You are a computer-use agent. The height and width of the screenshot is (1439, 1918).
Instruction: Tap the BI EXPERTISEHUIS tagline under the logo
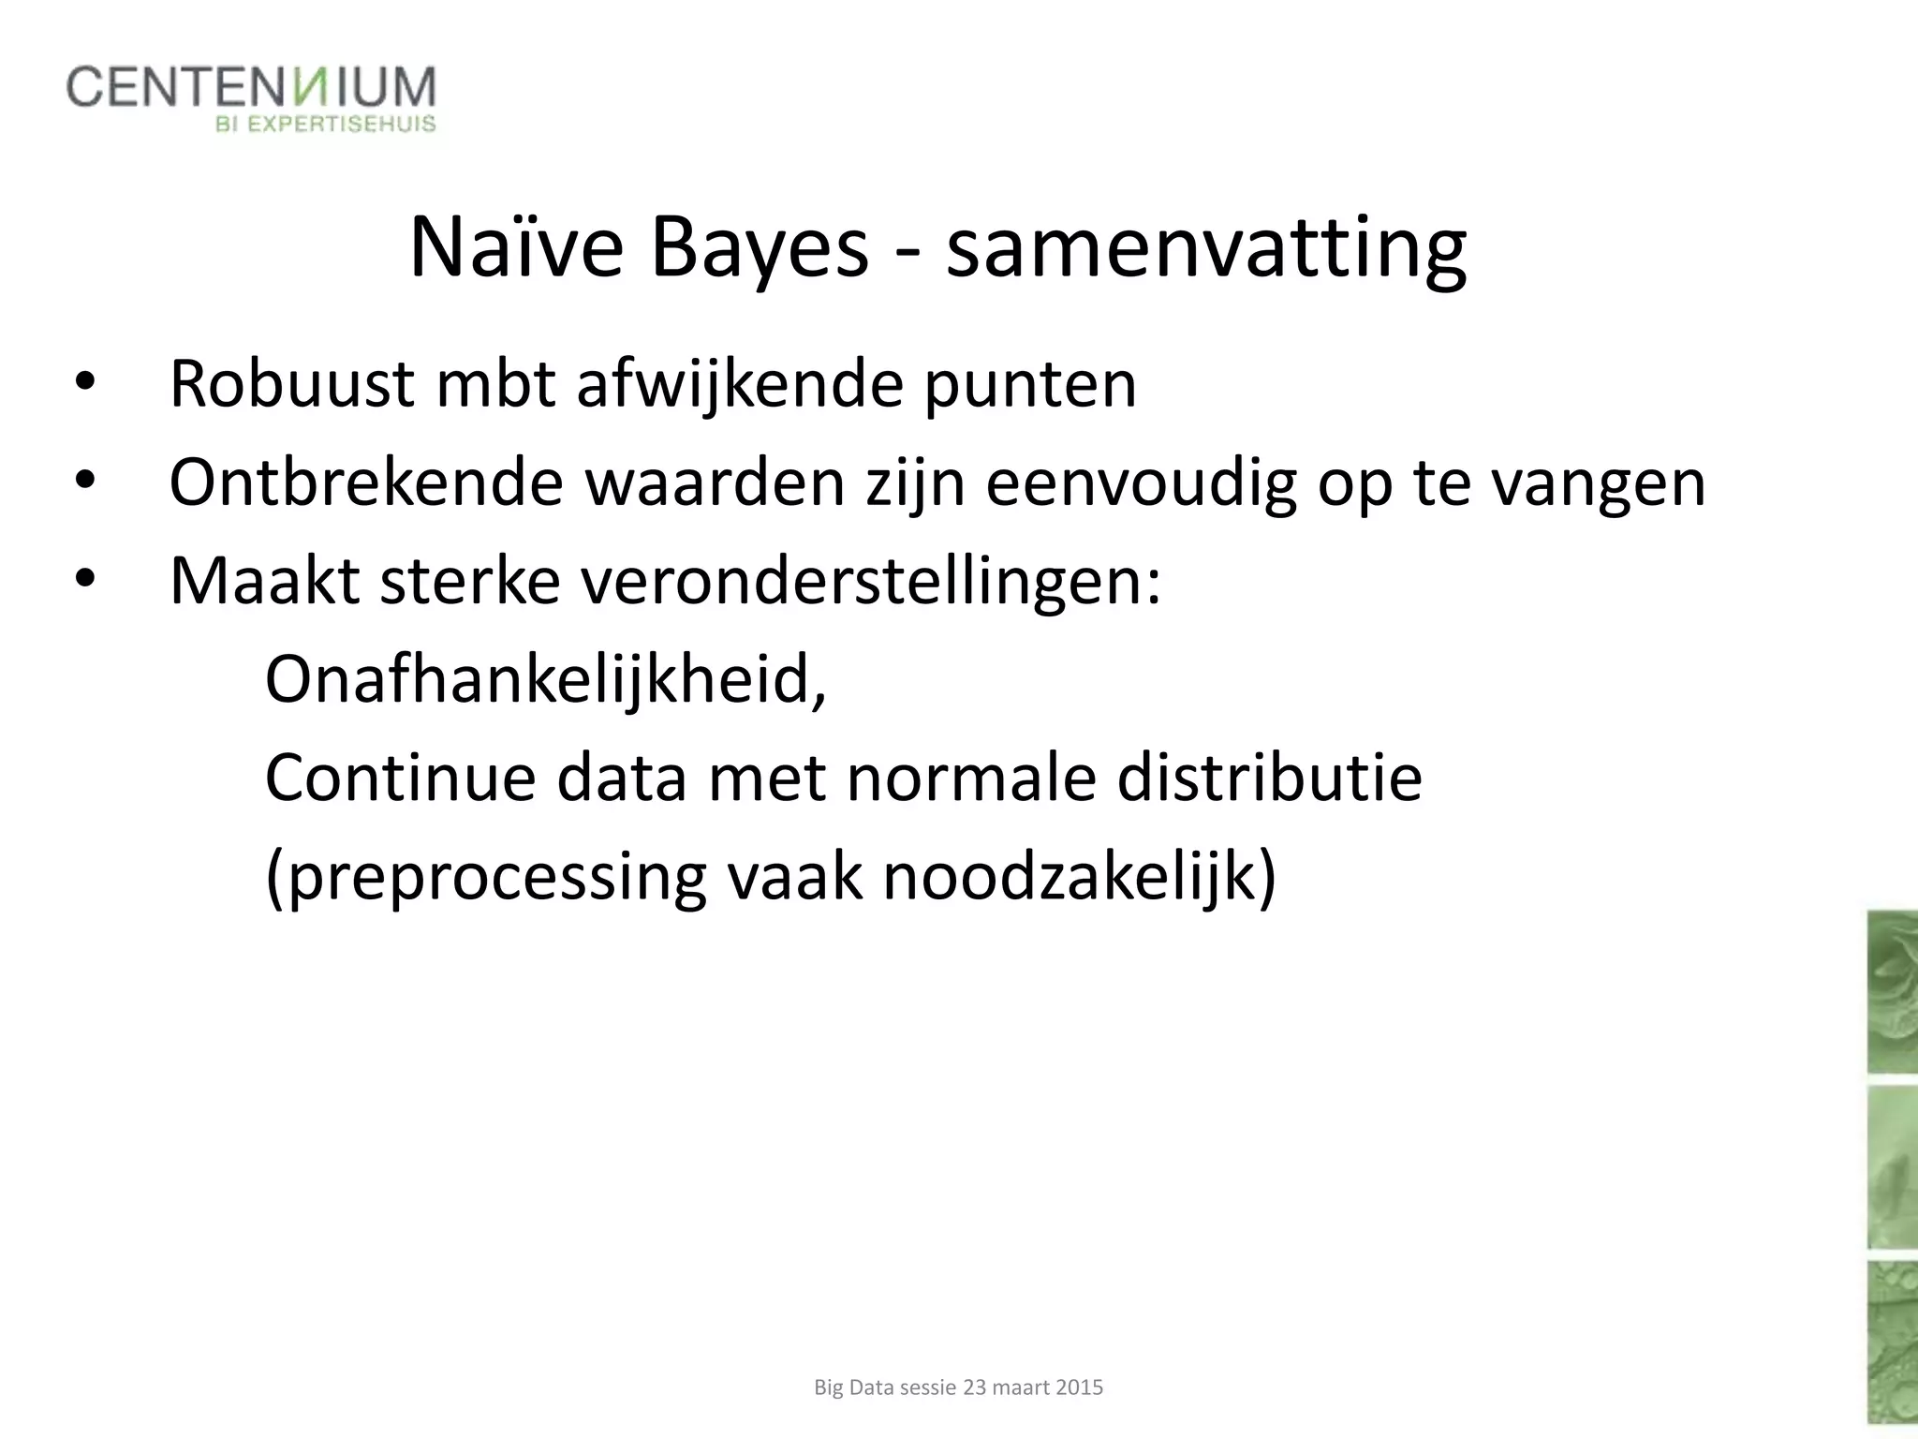326,125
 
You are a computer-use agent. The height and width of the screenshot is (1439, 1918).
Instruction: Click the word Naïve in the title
516,249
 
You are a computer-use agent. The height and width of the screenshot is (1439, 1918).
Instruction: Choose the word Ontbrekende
366,483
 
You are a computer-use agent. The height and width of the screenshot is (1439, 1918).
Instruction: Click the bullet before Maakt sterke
85,579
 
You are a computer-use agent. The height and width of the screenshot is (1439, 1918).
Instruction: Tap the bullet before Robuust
85,381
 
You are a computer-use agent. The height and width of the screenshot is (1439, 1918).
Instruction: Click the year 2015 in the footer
1079,1387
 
